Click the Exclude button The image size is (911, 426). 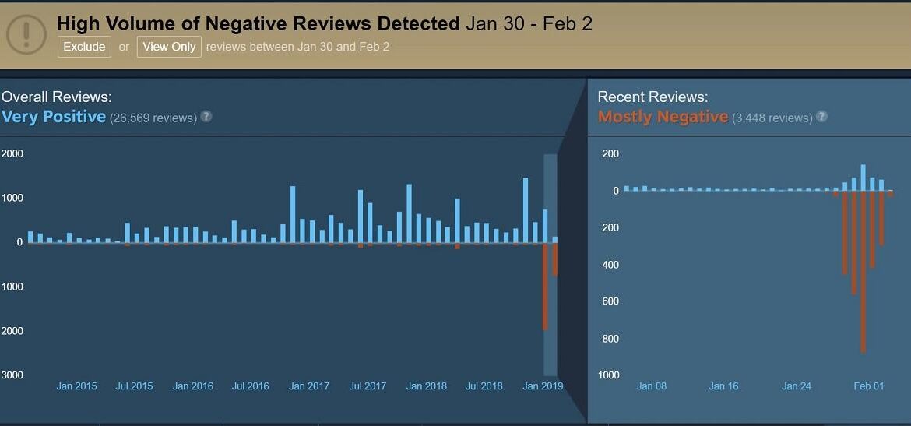pyautogui.click(x=84, y=47)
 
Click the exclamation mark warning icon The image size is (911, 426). pyautogui.click(x=26, y=33)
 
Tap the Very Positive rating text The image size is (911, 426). pyautogui.click(x=54, y=117)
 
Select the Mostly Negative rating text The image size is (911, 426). pyautogui.click(x=663, y=117)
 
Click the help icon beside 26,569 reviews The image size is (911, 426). pyautogui.click(x=206, y=117)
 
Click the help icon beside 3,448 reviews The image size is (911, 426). pyautogui.click(x=821, y=117)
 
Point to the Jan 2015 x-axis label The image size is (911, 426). pyautogui.click(x=76, y=386)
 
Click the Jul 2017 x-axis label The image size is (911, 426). pyautogui.click(x=368, y=386)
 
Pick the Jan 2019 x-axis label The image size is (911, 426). pyautogui.click(x=542, y=386)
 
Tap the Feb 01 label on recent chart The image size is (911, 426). pyautogui.click(x=868, y=386)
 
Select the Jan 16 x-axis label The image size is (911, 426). pyautogui.click(x=723, y=386)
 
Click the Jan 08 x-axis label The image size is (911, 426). pyautogui.click(x=651, y=386)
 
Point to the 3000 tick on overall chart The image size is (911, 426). pyautogui.click(x=12, y=375)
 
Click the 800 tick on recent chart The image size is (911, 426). pyautogui.click(x=610, y=339)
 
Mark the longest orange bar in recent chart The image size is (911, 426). pyautogui.click(x=863, y=273)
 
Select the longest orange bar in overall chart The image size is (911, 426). pyautogui.click(x=545, y=287)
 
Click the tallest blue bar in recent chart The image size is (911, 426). pyautogui.click(x=863, y=178)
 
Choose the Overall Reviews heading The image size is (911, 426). pyautogui.click(x=56, y=97)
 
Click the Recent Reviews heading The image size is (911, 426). pyautogui.click(x=652, y=97)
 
